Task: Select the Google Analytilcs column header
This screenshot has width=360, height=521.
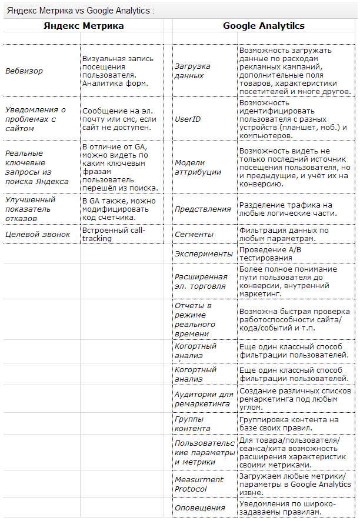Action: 264,26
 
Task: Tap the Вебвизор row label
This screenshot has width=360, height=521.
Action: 24,71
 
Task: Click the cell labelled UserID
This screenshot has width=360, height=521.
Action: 188,119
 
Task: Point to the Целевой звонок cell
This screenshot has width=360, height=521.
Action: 38,234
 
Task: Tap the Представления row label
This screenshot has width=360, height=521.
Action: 203,209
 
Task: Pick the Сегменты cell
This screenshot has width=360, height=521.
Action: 194,234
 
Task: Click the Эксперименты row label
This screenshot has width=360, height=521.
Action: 204,253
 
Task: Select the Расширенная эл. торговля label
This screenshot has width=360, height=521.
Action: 201,281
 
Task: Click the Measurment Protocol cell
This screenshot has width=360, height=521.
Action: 199,484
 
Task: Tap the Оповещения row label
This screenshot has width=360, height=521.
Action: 200,507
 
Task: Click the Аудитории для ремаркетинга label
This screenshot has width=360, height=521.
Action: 204,399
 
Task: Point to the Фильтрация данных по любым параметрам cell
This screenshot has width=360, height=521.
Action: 284,234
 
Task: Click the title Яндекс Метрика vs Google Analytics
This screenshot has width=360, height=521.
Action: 81,10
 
